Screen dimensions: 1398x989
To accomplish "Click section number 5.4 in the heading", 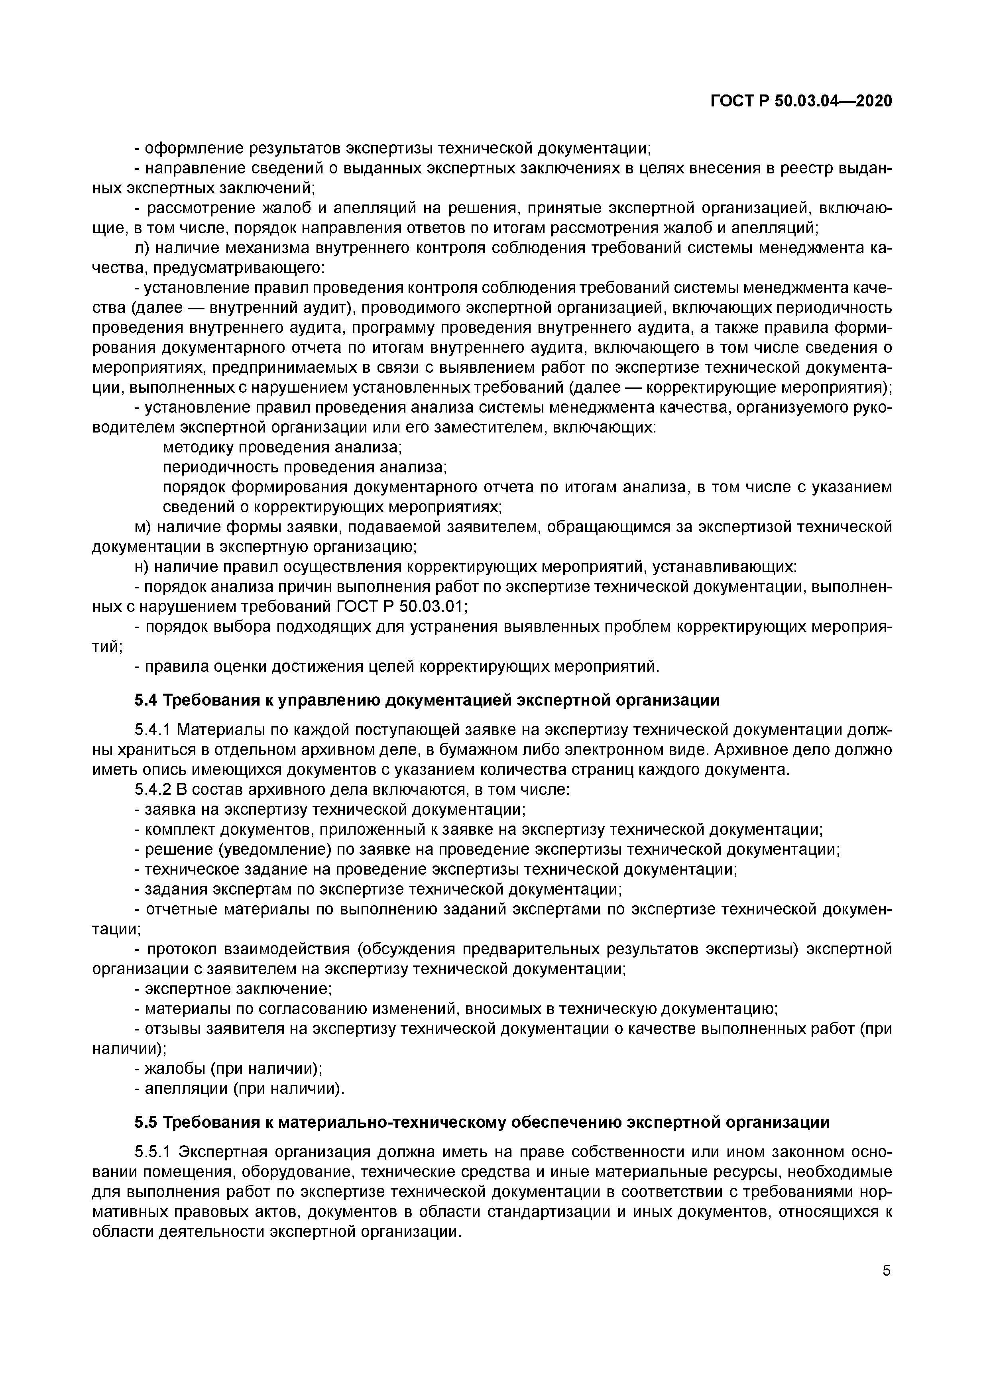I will pyautogui.click(x=146, y=700).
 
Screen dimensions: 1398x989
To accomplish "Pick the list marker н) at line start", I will pyautogui.click(x=141, y=568).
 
